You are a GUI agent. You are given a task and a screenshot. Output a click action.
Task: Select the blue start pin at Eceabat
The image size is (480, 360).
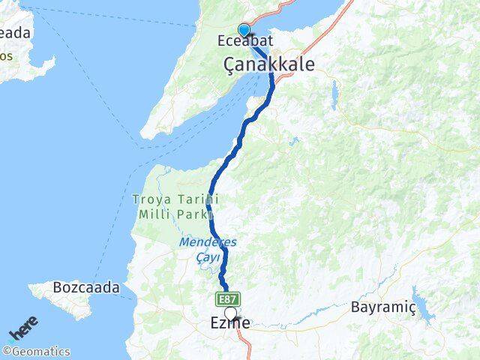tap(243, 28)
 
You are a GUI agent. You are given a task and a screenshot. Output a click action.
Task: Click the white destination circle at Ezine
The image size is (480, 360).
tap(231, 314)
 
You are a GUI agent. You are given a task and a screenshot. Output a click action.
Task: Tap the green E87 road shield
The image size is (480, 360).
tap(229, 298)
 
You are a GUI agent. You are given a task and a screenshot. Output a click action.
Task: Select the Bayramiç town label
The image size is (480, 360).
tap(382, 307)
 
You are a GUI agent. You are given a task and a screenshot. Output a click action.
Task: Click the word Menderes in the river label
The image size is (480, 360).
tap(207, 243)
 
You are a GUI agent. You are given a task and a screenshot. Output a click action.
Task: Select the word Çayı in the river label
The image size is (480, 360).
tap(209, 257)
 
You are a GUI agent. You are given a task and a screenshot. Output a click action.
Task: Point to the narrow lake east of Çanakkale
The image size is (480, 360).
tap(334, 93)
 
